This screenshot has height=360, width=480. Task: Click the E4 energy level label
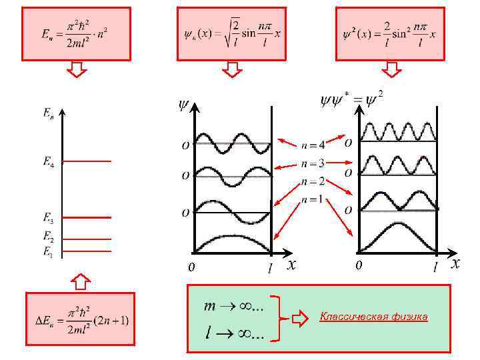pyautogui.click(x=49, y=162)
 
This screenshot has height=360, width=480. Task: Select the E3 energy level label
pyautogui.click(x=49, y=217)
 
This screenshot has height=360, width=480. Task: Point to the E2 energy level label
pyautogui.click(x=49, y=236)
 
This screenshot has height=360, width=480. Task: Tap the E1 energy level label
pyautogui.click(x=49, y=251)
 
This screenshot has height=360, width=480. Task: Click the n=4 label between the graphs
pyautogui.click(x=313, y=145)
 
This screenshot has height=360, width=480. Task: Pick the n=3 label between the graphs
pyautogui.click(x=313, y=163)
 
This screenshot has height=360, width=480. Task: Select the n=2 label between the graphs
pyautogui.click(x=313, y=181)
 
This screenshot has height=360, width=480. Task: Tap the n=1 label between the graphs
pyautogui.click(x=313, y=199)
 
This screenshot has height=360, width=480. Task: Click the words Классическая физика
pyautogui.click(x=373, y=317)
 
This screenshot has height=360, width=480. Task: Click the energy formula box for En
pyautogui.click(x=76, y=33)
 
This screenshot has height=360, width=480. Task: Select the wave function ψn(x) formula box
pyautogui.click(x=231, y=33)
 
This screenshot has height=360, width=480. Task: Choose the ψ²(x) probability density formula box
pyautogui.click(x=389, y=33)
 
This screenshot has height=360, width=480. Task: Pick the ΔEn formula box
pyautogui.click(x=80, y=319)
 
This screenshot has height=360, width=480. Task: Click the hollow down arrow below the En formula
pyautogui.click(x=78, y=69)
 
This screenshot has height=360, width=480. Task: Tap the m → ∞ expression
pyautogui.click(x=233, y=306)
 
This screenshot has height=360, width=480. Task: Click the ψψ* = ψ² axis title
pyautogui.click(x=351, y=99)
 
